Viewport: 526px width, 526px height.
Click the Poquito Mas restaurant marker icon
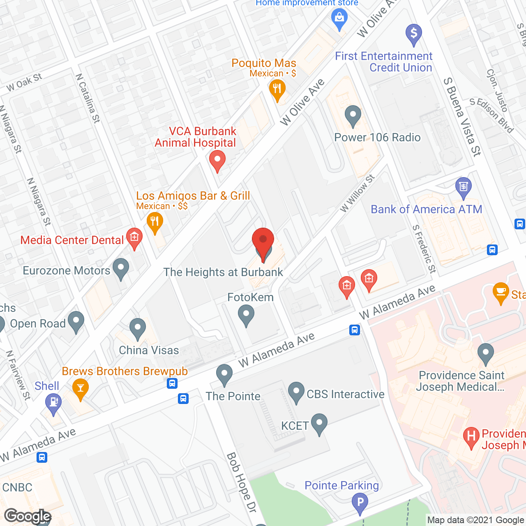pyautogui.click(x=277, y=89)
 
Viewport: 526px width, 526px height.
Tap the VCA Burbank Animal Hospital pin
pyautogui.click(x=217, y=160)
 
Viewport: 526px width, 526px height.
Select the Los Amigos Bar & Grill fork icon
pyautogui.click(x=155, y=223)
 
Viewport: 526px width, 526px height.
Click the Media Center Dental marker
pyautogui.click(x=134, y=238)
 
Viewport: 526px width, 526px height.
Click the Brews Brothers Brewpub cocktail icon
pyautogui.click(x=80, y=388)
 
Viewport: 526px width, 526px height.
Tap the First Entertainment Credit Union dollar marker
pyautogui.click(x=414, y=33)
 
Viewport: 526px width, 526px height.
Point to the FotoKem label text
pyautogui.click(x=250, y=297)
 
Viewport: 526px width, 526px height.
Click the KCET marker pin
pyautogui.click(x=319, y=423)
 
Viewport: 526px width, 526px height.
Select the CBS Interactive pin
pyautogui.click(x=296, y=392)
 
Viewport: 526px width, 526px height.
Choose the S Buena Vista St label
pyautogui.click(x=462, y=117)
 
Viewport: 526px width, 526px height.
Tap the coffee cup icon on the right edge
pyautogui.click(x=501, y=292)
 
